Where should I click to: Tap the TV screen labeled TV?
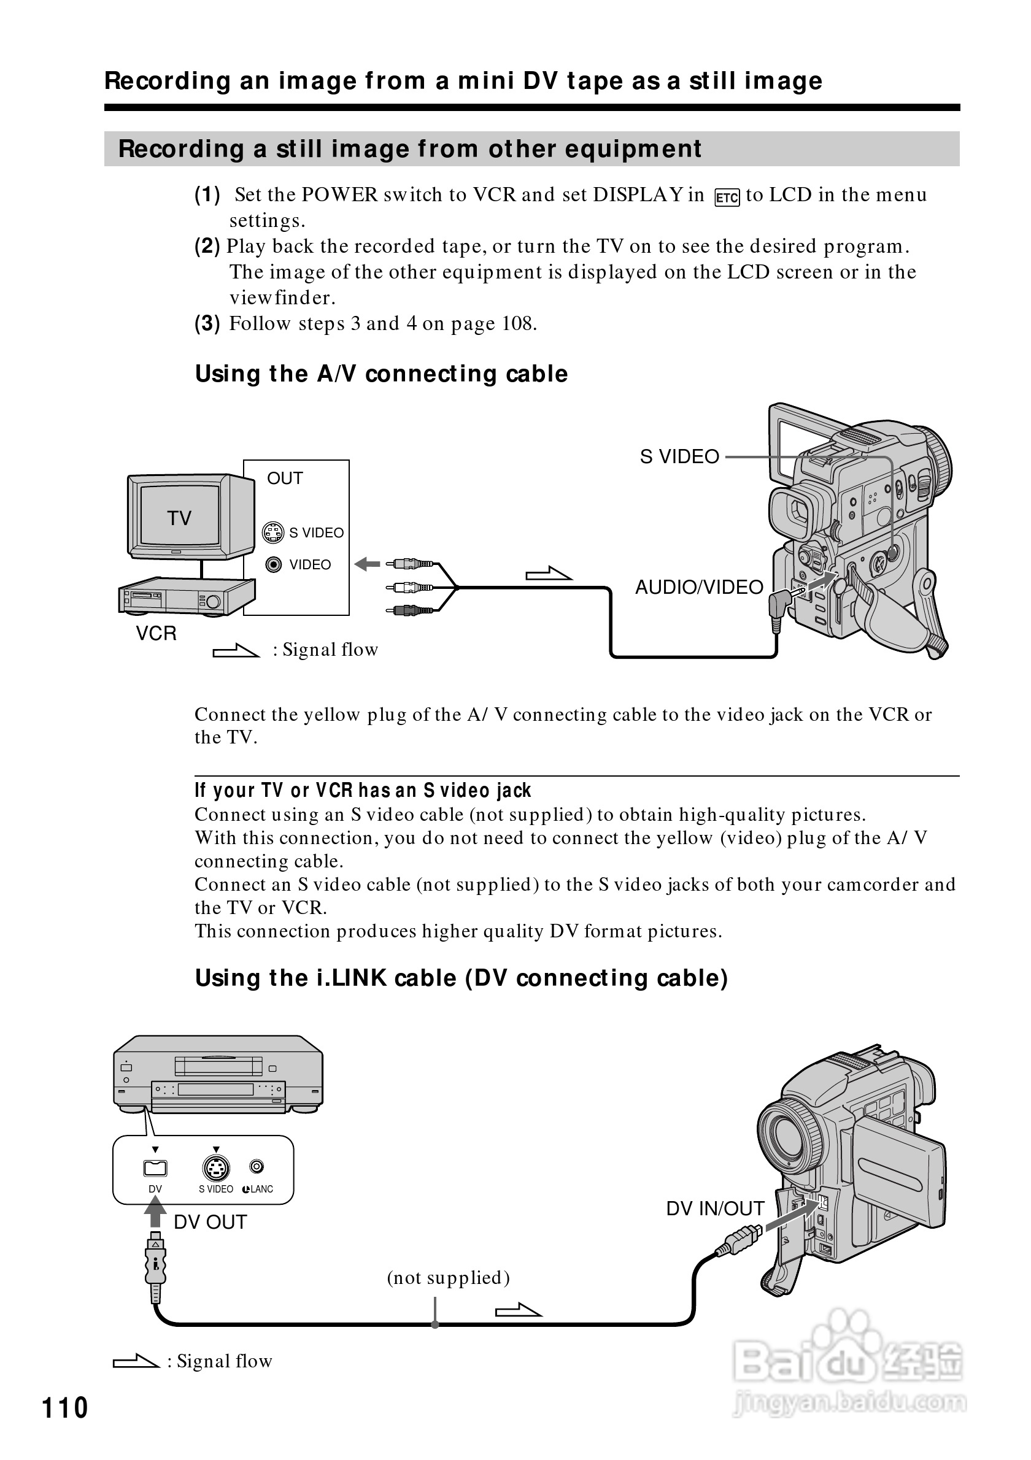[180, 517]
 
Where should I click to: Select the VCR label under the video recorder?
[156, 633]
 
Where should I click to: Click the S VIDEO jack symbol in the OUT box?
[274, 532]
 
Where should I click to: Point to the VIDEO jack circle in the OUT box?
[274, 564]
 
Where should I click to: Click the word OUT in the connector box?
[285, 478]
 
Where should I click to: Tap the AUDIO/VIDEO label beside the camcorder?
[699, 587]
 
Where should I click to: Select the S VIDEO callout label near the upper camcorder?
[679, 456]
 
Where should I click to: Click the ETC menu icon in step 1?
[727, 197]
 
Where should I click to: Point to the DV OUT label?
[210, 1222]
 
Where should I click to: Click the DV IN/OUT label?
[715, 1209]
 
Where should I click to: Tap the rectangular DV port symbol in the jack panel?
[155, 1168]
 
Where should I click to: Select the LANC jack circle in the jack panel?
[257, 1167]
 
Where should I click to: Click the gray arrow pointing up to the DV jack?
[155, 1212]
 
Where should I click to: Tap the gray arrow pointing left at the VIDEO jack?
[367, 564]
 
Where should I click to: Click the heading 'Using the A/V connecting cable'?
[381, 374]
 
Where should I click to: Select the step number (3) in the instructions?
[207, 324]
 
